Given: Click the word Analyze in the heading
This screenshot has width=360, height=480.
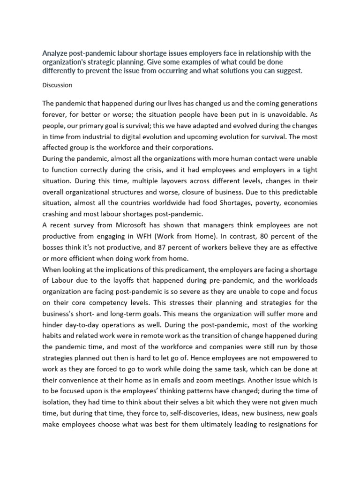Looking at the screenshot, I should tap(55, 53).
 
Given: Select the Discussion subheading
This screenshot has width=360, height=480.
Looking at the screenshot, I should tap(57, 85).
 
